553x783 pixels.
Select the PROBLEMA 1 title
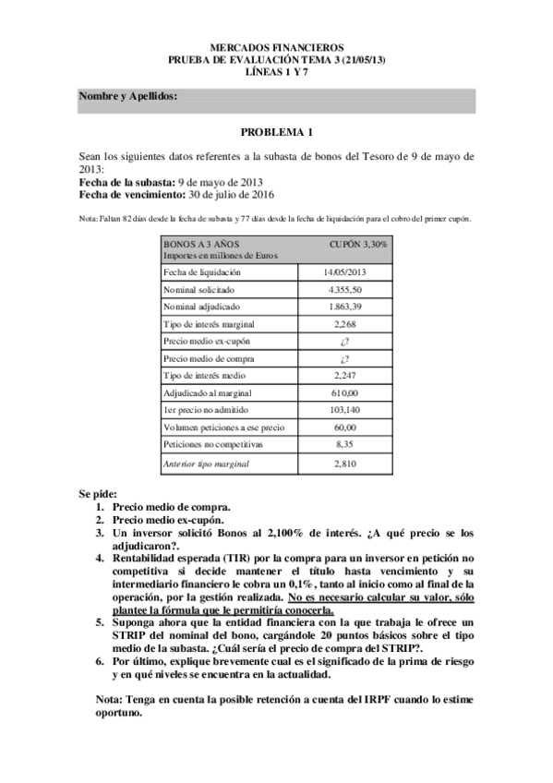(277, 132)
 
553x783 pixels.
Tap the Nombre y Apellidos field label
(127, 96)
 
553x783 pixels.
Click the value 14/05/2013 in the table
(344, 272)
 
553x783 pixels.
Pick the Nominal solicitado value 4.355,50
(344, 290)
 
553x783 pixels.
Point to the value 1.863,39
(344, 307)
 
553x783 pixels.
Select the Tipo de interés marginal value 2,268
(344, 324)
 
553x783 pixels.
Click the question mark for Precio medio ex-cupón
(344, 341)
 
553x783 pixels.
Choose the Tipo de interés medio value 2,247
(344, 376)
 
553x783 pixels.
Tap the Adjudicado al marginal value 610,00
(344, 392)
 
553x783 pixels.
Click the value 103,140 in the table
(344, 410)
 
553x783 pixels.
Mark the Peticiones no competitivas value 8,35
(344, 444)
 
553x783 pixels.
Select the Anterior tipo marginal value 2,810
(344, 463)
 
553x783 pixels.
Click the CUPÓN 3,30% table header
(358, 245)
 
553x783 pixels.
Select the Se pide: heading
(98, 494)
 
